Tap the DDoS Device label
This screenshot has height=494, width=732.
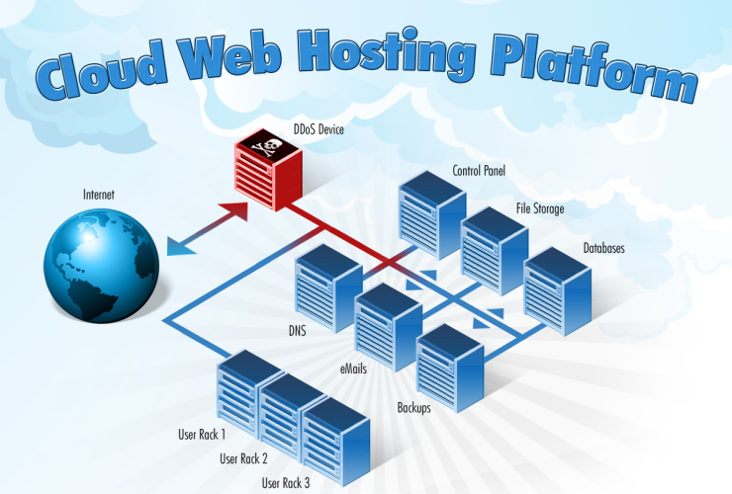(x=319, y=128)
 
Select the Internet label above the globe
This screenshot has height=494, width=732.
(x=99, y=196)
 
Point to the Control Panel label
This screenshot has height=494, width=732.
(x=479, y=171)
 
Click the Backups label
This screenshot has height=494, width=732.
(x=413, y=407)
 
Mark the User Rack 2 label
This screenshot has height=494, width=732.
(x=243, y=458)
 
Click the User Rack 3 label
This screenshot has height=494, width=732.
(x=285, y=483)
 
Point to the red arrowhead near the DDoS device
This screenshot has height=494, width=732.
(x=233, y=210)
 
